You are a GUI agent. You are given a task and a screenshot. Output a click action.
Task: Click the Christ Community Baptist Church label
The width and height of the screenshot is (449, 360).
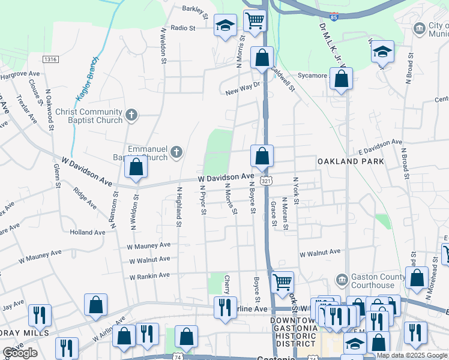89,116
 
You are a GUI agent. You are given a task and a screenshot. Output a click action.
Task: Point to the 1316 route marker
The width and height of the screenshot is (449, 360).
50,59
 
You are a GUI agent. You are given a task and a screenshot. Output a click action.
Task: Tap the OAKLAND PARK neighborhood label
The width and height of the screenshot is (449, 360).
351,161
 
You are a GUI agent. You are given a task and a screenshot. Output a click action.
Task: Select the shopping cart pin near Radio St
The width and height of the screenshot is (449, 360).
255,20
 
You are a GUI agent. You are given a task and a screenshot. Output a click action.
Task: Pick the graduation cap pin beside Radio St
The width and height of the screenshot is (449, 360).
226,26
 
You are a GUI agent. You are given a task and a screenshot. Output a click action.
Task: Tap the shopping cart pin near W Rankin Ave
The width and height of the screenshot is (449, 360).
282,281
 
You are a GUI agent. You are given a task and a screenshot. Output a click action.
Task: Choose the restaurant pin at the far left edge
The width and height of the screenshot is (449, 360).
40,314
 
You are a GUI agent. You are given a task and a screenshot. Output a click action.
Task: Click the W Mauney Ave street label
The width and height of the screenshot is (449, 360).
149,245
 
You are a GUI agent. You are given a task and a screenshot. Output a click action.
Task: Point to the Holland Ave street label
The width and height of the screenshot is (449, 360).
87,232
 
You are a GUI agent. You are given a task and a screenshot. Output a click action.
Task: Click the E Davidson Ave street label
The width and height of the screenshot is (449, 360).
381,144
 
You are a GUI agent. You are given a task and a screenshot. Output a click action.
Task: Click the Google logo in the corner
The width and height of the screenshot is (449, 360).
20,353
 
